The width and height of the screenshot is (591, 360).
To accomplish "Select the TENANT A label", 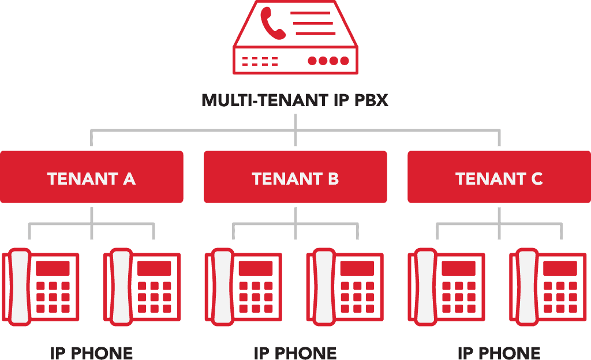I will point(91,179).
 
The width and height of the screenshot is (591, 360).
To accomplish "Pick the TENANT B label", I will point(295,179).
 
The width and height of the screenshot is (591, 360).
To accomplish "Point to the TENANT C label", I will point(499,179).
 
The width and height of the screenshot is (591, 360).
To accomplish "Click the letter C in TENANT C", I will point(536,179).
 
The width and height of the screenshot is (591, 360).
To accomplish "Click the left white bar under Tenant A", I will point(20,287).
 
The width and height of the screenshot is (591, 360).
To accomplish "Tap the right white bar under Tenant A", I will point(121,287).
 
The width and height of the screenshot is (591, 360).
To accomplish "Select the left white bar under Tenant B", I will point(223,287).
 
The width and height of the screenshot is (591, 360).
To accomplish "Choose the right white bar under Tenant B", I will point(324,287).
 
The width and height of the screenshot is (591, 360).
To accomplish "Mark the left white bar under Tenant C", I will point(426,287).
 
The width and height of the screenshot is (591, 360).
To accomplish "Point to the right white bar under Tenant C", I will point(528,287).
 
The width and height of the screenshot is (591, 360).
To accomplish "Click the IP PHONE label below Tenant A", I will point(91,352).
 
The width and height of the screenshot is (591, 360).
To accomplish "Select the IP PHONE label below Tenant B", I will point(295,352).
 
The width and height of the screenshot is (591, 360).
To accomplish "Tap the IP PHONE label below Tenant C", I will point(499,352).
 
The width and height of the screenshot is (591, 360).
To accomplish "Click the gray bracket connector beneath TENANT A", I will point(91,224).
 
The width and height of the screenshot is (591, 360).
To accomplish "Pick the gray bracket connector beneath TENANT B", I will point(295,224).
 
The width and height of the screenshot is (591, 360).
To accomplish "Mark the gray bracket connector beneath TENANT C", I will point(499,224).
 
